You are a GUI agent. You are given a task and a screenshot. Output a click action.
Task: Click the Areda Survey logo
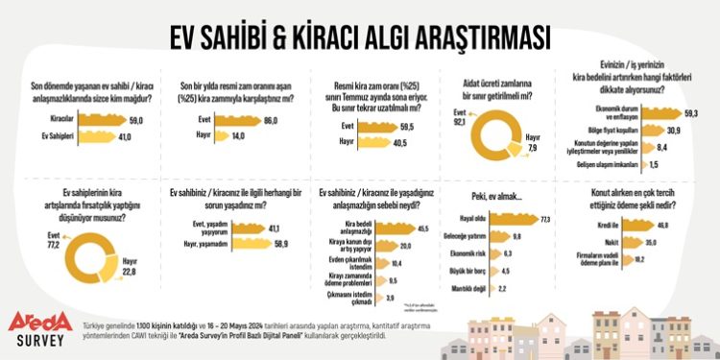tap(38, 326)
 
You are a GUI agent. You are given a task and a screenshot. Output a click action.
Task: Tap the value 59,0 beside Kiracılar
tap(134, 120)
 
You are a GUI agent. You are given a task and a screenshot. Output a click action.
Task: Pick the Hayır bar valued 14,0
tap(216, 136)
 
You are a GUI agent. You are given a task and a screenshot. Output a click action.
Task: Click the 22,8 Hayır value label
tap(131, 272)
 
